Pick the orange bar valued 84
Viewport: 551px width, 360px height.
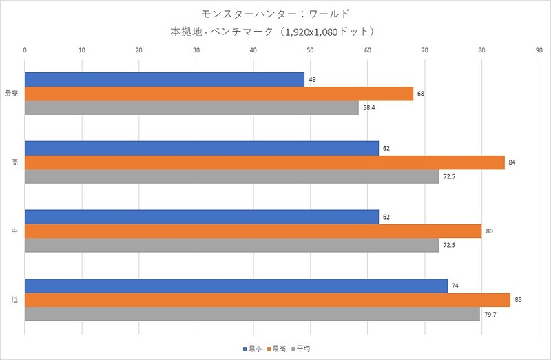264,162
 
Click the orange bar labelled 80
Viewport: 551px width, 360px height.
253,231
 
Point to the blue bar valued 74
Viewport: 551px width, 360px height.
236,286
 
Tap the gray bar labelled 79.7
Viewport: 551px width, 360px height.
252,314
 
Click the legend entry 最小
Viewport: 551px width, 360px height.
253,348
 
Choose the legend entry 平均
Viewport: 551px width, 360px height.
304,348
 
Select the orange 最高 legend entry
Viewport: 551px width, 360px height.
278,348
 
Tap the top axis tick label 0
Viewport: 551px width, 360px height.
25,50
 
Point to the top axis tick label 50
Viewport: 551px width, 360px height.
311,50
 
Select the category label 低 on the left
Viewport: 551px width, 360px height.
16,300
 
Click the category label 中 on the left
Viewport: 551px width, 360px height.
16,231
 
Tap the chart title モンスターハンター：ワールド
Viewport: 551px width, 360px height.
275,13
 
